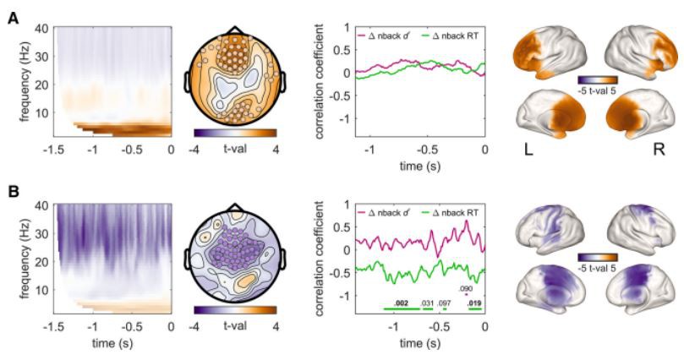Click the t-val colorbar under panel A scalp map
tap(235, 133)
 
